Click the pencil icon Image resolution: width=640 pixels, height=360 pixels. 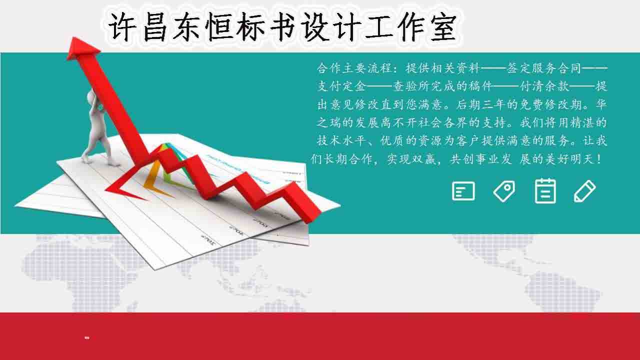click(x=584, y=191)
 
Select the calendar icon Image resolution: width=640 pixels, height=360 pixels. click(x=545, y=191)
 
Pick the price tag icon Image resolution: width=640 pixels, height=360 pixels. click(x=504, y=191)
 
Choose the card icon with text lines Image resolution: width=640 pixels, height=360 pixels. click(x=463, y=191)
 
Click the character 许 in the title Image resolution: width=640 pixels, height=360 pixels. click(x=122, y=27)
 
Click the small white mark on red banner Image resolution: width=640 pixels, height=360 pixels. click(x=87, y=338)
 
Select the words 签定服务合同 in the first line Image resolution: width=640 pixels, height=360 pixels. click(x=545, y=68)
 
